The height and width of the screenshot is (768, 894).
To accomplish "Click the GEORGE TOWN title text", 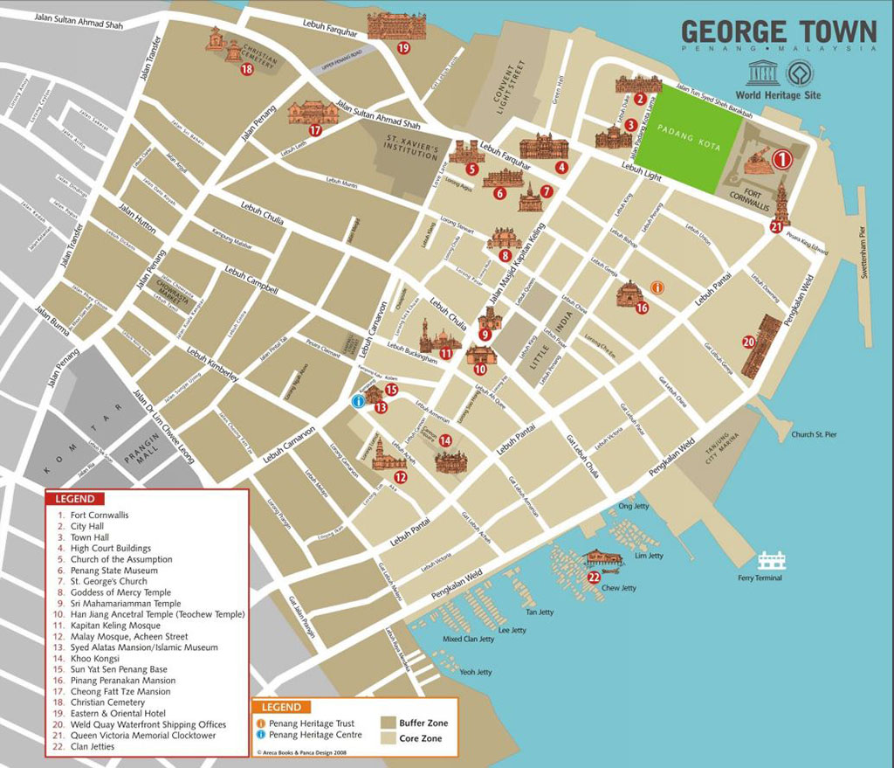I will tap(778, 31).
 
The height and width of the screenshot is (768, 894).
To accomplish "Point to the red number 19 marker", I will tap(402, 48).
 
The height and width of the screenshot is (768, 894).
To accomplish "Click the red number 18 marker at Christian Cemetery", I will tap(246, 69).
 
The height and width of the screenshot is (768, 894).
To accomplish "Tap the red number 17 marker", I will tap(315, 131).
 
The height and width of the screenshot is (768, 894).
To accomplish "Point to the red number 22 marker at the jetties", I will tap(594, 577).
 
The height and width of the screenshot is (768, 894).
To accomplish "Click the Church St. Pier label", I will tap(814, 434).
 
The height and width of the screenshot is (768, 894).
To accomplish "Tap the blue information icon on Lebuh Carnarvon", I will tap(358, 401).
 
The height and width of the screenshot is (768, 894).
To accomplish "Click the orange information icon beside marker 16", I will tap(657, 287).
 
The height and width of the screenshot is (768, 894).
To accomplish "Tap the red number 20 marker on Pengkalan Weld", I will tap(748, 342).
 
